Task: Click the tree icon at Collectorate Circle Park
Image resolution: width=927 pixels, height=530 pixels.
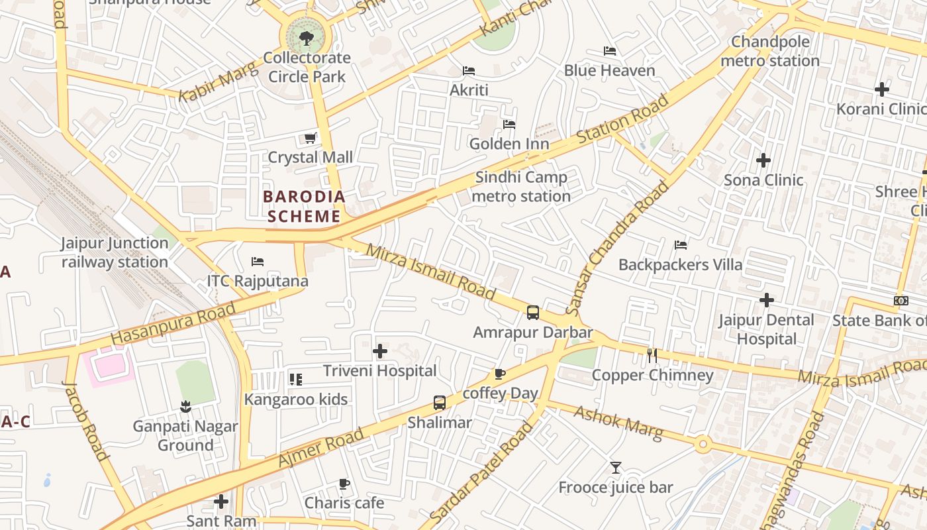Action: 306,38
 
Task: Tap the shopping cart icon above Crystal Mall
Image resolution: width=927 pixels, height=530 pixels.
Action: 310,138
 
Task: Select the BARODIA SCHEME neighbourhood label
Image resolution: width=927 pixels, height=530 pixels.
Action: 304,206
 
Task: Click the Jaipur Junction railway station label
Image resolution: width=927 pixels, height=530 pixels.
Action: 115,252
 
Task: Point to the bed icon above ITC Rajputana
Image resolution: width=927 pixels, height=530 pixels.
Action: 258,262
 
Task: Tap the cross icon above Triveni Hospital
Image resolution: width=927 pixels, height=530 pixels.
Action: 380,351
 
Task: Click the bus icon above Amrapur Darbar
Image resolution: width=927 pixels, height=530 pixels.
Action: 532,313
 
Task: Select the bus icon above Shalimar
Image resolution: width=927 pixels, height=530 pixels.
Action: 439,403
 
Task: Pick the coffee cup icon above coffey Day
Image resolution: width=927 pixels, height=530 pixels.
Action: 500,374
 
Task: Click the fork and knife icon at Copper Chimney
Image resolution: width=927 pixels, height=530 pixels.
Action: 652,356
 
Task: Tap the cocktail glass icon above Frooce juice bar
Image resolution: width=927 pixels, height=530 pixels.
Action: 615,468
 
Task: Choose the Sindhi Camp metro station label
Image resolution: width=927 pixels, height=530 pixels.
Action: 521,187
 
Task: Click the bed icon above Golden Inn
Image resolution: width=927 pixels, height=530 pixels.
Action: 509,124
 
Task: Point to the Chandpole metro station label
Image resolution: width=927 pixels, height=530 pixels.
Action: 770,52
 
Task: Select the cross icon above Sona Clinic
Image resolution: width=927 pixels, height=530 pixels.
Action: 763,160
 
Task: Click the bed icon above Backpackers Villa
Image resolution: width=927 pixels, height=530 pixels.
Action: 680,245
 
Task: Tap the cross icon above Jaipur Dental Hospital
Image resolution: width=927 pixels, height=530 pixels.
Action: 766,300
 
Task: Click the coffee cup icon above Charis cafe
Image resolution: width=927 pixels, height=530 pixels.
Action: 344,484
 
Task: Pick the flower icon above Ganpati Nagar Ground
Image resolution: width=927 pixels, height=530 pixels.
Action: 185,406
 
